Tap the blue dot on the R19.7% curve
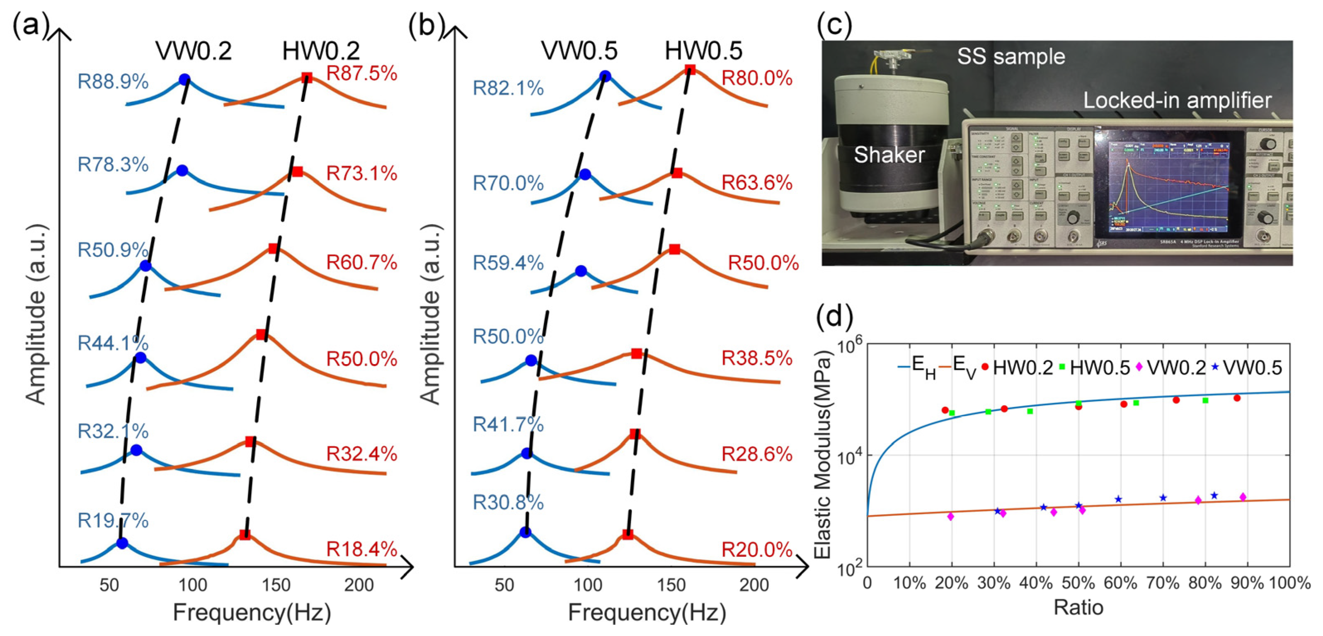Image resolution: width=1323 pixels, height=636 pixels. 122,543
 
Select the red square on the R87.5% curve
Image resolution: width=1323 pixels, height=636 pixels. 307,77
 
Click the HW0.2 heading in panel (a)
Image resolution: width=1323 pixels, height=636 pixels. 321,51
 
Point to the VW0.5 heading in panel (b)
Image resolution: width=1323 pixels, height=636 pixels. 579,51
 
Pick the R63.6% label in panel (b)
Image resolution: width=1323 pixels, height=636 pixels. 756,183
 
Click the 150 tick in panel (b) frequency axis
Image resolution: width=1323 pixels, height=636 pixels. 671,585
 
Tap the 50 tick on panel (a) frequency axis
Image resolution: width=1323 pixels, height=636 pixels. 109,585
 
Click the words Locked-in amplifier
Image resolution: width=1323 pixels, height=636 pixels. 1177,101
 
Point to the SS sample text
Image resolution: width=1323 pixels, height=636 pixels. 1011,56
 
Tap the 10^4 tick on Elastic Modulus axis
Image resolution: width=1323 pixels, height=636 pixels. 850,455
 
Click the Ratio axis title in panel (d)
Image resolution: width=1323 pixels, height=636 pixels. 1078,608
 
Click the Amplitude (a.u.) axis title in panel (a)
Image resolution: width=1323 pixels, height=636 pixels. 36,314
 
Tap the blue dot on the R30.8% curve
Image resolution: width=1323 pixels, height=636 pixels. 525,532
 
